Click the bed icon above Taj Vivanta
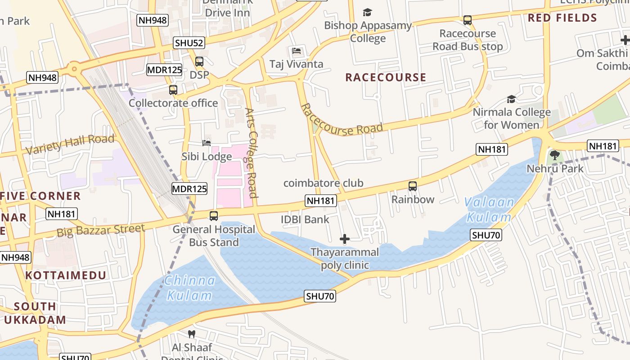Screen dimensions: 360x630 (296, 51)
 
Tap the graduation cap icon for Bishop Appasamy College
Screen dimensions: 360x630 (368, 12)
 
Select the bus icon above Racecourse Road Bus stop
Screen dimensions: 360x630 (468, 20)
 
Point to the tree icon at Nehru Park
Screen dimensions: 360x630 (555, 156)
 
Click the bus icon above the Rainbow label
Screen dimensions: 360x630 (412, 186)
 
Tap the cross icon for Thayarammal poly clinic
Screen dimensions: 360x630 (345, 239)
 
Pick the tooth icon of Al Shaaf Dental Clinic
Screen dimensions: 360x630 (192, 334)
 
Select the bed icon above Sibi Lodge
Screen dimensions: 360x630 (207, 143)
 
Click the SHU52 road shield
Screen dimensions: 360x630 (189, 43)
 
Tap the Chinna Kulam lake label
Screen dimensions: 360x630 (189, 288)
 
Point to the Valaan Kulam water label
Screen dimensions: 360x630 (489, 210)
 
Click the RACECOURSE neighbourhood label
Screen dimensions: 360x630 (386, 77)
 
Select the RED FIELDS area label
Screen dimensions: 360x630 (562, 18)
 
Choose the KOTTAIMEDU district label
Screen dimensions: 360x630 (66, 275)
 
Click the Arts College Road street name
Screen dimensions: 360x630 (251, 153)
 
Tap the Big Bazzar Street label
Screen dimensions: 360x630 (101, 230)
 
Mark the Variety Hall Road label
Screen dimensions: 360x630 (70, 144)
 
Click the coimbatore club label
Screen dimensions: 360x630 (323, 183)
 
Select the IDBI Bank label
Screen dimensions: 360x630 (305, 220)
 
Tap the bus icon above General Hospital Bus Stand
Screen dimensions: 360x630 (214, 216)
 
